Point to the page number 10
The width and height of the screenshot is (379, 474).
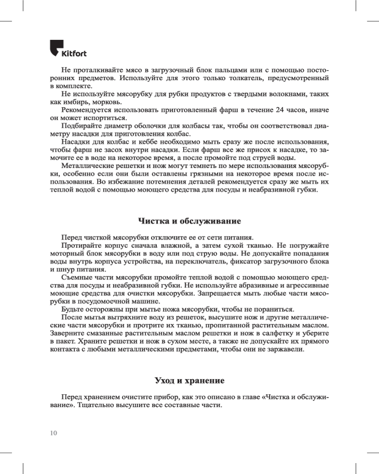click(x=53, y=432)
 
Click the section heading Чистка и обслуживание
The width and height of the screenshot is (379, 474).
click(x=189, y=221)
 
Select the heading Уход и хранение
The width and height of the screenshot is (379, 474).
click(x=189, y=381)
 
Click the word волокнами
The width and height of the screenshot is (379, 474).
click(x=287, y=94)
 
